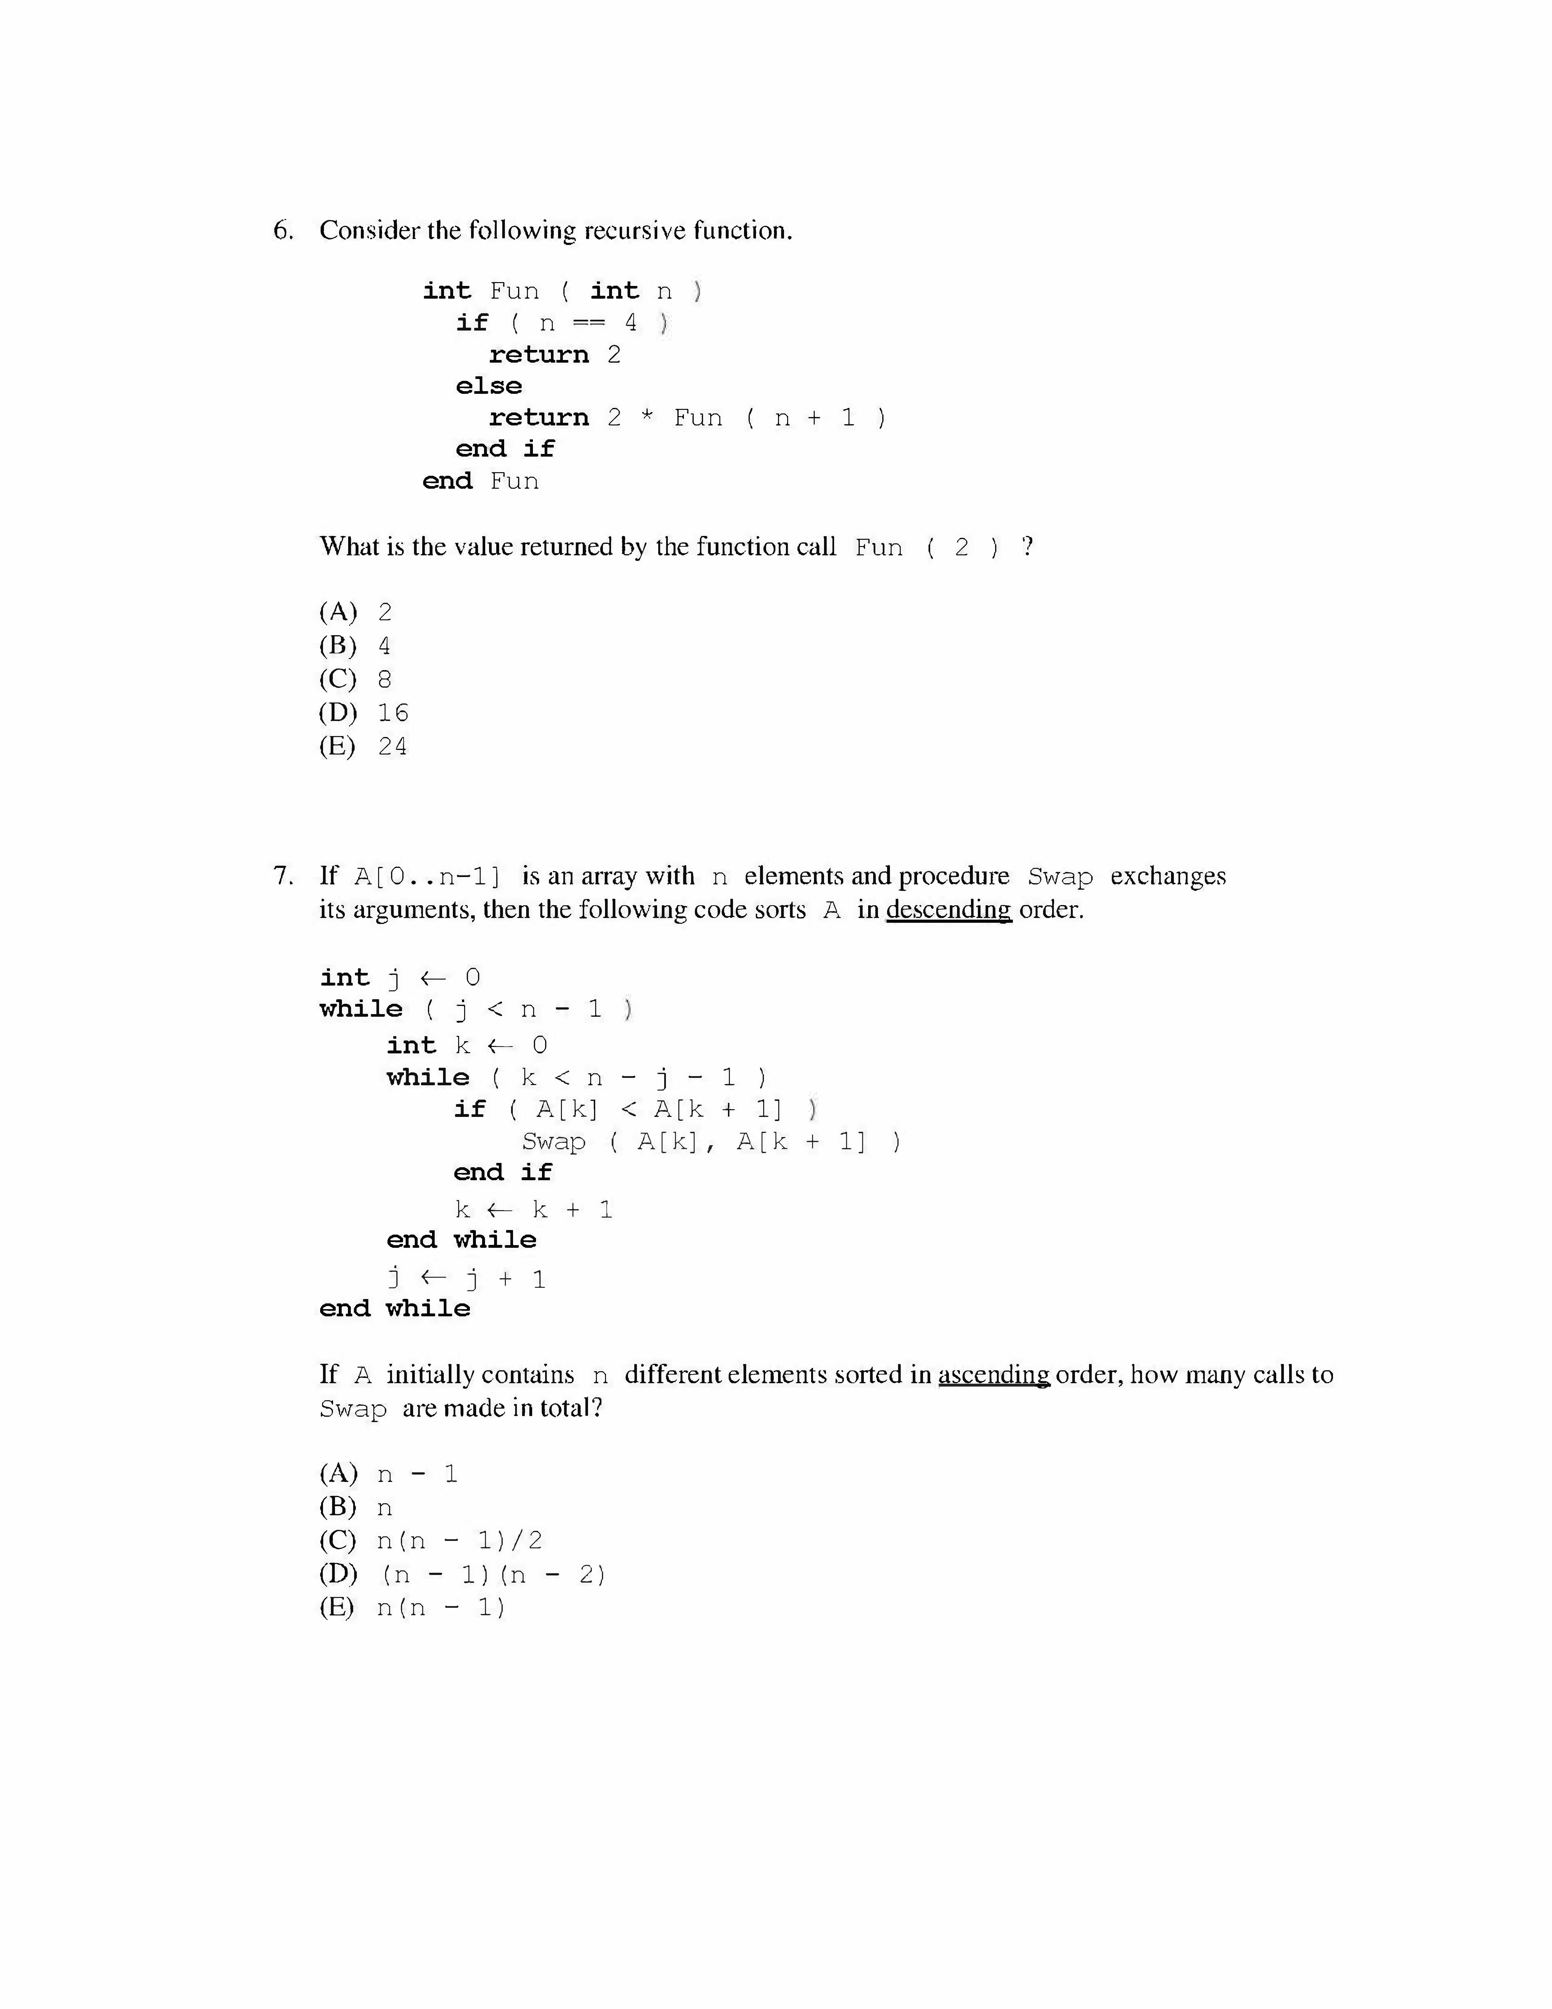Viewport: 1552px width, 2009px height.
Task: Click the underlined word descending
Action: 948,910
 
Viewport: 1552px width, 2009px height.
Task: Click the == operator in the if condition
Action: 588,323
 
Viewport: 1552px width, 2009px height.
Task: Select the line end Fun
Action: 480,481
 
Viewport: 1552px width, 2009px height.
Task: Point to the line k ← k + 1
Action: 533,1210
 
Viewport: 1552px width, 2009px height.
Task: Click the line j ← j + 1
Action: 466,1279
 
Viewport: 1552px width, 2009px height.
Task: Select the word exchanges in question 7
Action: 1168,876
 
